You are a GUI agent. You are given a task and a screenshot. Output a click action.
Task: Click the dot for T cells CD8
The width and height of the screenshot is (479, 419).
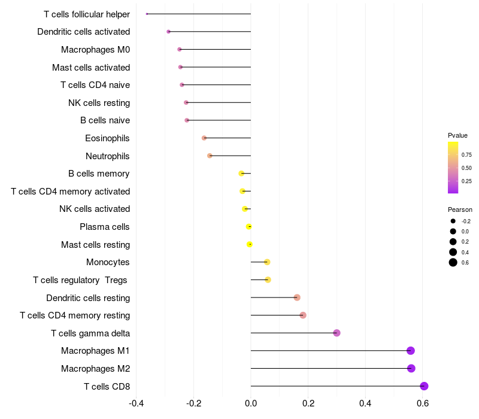click(x=424, y=386)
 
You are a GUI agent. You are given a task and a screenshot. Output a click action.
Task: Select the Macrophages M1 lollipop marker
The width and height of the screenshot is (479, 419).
click(x=411, y=351)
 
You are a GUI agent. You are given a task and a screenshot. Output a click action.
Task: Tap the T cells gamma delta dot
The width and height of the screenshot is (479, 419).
click(x=336, y=333)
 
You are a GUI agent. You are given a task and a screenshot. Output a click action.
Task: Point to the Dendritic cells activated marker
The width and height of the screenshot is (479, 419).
click(x=169, y=32)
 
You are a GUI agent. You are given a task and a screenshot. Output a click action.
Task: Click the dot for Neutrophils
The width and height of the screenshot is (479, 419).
click(x=210, y=156)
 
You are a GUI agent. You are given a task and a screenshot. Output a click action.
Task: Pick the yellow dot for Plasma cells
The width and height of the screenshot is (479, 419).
click(x=249, y=226)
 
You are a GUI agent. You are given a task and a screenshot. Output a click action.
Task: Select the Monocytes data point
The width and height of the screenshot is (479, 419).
click(x=267, y=262)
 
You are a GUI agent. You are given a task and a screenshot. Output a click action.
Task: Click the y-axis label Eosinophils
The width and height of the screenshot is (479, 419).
click(x=107, y=138)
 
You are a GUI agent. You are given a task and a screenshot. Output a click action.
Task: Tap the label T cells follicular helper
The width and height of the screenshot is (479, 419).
click(x=87, y=14)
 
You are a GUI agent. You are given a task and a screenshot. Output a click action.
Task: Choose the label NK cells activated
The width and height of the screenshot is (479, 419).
click(x=95, y=209)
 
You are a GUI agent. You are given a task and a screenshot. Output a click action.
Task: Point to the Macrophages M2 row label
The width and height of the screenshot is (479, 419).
click(x=95, y=368)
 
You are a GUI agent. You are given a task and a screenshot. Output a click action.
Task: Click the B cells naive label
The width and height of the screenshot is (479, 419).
click(x=105, y=120)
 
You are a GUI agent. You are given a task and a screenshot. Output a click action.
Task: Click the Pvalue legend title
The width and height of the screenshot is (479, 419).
click(x=457, y=135)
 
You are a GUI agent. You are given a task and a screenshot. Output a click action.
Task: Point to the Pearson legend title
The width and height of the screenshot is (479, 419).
click(x=460, y=210)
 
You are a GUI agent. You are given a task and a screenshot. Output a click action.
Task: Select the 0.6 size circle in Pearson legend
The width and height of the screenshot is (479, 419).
click(x=453, y=262)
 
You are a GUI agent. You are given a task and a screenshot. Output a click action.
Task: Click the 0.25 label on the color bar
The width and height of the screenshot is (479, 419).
click(x=466, y=181)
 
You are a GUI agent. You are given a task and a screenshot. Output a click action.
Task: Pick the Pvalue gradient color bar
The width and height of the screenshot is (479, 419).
click(x=453, y=168)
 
